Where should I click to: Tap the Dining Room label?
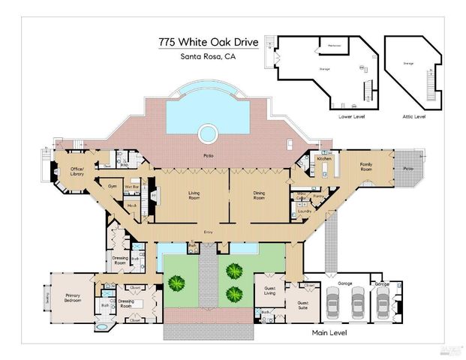pos(259,196)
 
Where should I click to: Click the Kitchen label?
pos(324,159)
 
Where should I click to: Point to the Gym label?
pos(113,184)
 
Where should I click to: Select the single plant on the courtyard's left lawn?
pos(176,283)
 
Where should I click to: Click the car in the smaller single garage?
pos(383,304)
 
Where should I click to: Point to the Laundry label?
pos(304,211)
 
